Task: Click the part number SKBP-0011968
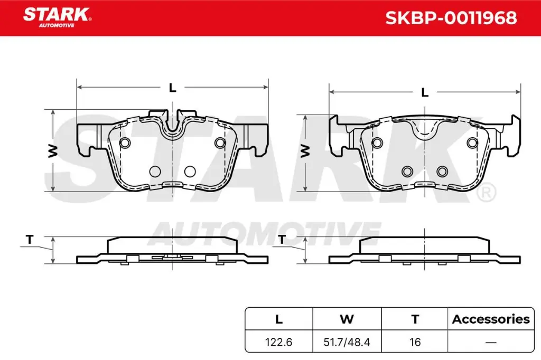coord(451,18)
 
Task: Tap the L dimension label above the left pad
coord(172,88)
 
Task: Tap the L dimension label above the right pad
coord(424,92)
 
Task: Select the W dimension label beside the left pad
coord(53,151)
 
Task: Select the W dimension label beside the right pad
coord(305,151)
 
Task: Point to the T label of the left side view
coord(30,240)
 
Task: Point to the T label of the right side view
coord(282,240)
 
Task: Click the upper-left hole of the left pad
coord(125,143)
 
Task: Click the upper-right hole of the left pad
coord(220,143)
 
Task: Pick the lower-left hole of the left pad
coord(155,171)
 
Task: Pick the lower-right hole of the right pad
coord(442,171)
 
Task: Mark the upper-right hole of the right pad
coord(472,143)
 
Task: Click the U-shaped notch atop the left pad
coord(173,127)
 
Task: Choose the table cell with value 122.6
coord(279,342)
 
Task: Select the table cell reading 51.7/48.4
coord(347,342)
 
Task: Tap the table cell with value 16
coord(415,342)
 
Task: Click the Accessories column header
coord(491,319)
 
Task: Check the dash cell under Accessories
coord(491,342)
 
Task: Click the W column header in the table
coord(347,319)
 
